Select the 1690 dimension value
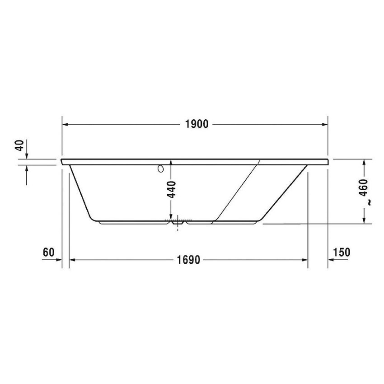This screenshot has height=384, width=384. coord(188,260)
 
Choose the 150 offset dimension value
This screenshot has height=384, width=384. coord(341,252)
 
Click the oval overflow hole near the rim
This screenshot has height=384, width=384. coord(160,169)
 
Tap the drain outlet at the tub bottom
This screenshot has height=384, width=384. coord(178,222)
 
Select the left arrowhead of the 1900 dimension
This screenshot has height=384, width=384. coord(65,124)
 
